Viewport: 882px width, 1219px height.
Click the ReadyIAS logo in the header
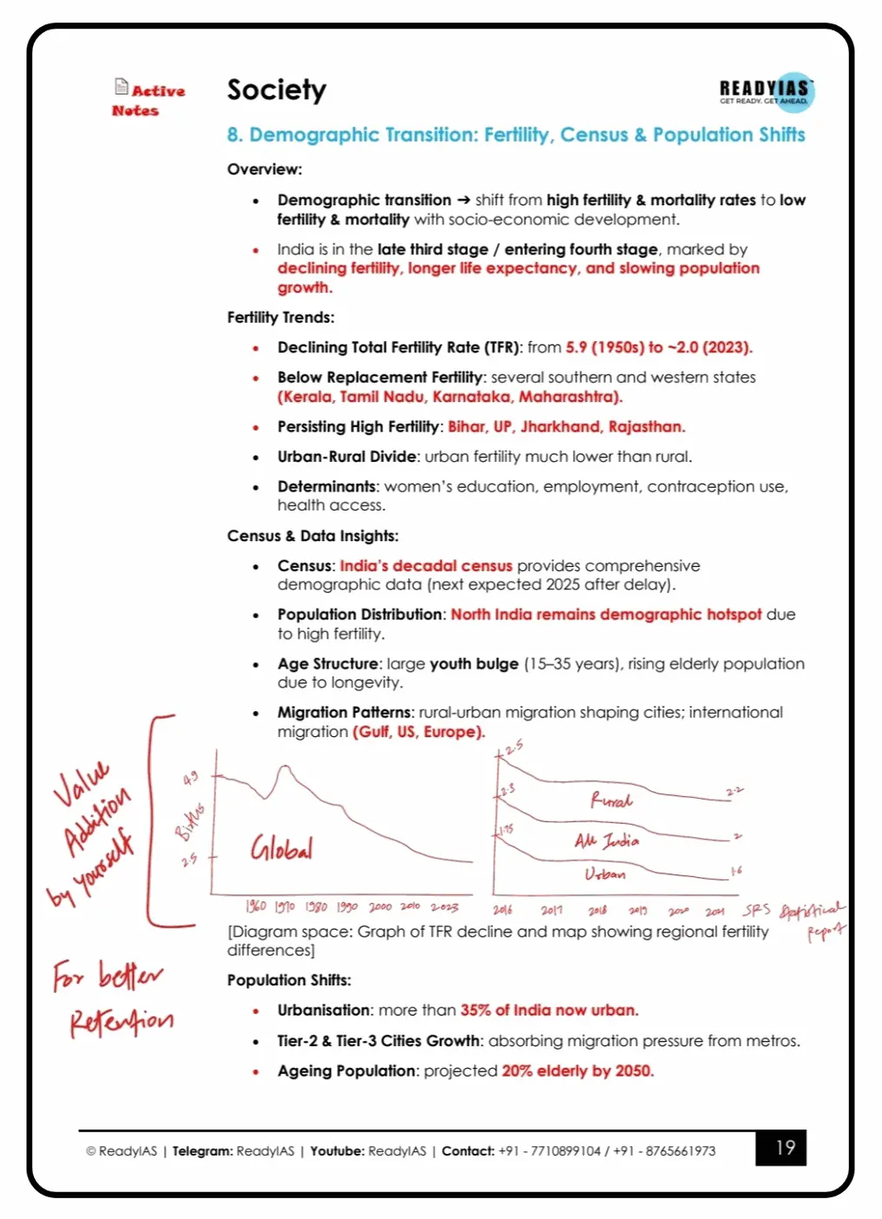pyautogui.click(x=766, y=90)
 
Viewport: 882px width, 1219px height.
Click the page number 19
pyautogui.click(x=785, y=1148)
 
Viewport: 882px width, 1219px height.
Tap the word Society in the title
pyautogui.click(x=276, y=89)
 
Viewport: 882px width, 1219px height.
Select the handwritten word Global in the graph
pyautogui.click(x=281, y=847)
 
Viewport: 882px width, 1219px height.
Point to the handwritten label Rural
pyautogui.click(x=611, y=800)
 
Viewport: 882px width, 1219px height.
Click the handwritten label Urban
pyautogui.click(x=605, y=873)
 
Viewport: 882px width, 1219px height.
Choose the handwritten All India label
pyautogui.click(x=607, y=840)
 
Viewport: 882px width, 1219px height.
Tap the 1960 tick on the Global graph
pyautogui.click(x=255, y=906)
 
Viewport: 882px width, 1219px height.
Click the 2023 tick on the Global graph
pyautogui.click(x=444, y=906)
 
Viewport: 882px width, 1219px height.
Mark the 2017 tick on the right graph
pyautogui.click(x=551, y=910)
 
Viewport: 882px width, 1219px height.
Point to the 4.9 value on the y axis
pyautogui.click(x=190, y=778)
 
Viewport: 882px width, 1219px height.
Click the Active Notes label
pyautogui.click(x=148, y=100)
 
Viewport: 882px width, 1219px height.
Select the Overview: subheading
pyautogui.click(x=265, y=169)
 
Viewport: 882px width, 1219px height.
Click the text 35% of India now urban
pyautogui.click(x=549, y=1010)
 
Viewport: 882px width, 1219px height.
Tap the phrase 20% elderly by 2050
pyautogui.click(x=577, y=1071)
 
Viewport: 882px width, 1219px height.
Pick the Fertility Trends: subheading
pyautogui.click(x=280, y=317)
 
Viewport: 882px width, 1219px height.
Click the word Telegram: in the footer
pyautogui.click(x=202, y=1151)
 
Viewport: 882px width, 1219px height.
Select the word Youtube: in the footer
pyautogui.click(x=337, y=1151)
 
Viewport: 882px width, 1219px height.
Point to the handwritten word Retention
pyautogui.click(x=122, y=1021)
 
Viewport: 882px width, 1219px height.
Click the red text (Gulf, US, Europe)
pyautogui.click(x=418, y=731)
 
